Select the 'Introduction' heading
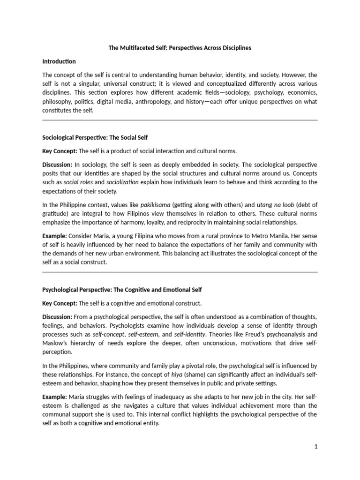click(x=59, y=61)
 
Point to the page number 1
click(x=316, y=447)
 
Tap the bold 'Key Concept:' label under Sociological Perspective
click(x=60, y=151)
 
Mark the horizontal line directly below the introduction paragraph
click(x=180, y=120)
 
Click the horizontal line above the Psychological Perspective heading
click(x=180, y=272)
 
